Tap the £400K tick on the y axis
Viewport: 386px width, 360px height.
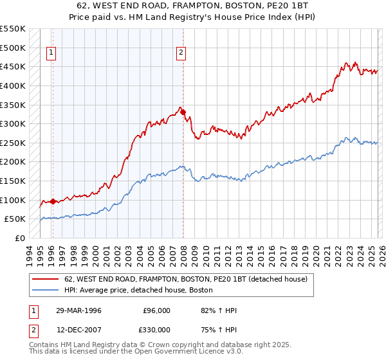coord(12,85)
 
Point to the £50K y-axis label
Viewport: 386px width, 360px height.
coord(15,219)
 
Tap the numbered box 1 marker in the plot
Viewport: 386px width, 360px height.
coord(51,53)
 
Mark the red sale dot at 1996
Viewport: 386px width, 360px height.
coord(53,201)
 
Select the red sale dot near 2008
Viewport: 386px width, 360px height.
coord(183,112)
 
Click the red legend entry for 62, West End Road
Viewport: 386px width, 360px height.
coord(187,279)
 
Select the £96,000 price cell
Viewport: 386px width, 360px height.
coord(156,310)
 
